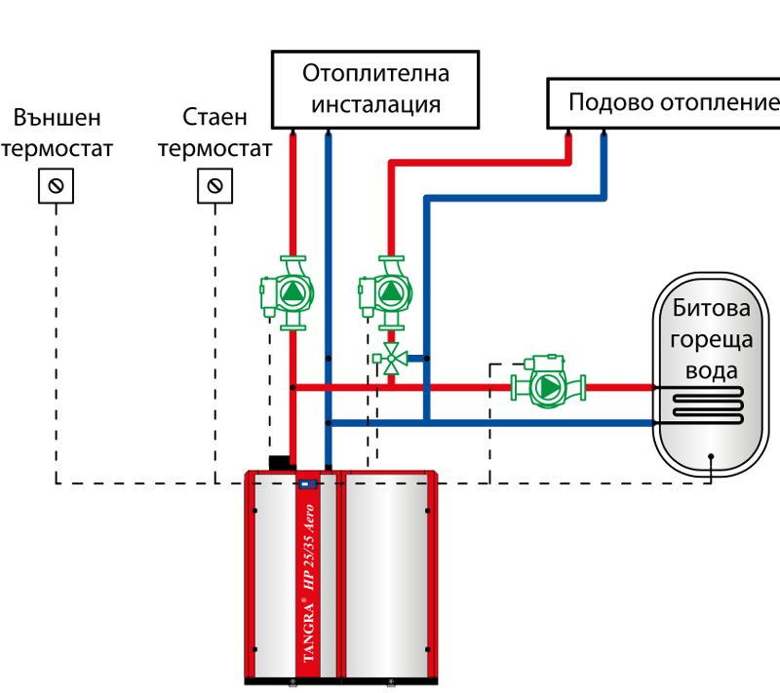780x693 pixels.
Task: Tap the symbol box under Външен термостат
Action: pyautogui.click(x=57, y=186)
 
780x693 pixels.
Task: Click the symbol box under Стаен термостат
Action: pyautogui.click(x=214, y=186)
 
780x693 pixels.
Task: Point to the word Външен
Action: pyautogui.click(x=58, y=118)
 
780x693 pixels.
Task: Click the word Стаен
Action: pyautogui.click(x=214, y=117)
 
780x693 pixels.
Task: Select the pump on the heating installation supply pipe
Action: pyautogui.click(x=287, y=292)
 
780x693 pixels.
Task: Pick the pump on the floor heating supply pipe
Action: pyautogui.click(x=385, y=292)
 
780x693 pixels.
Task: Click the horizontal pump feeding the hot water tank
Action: pyautogui.click(x=548, y=382)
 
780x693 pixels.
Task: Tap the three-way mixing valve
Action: pyautogui.click(x=391, y=359)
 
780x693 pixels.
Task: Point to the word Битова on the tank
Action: pyautogui.click(x=712, y=308)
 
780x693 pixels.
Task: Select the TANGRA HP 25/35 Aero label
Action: pyautogui.click(x=309, y=583)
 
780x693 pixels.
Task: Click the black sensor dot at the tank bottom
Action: pyautogui.click(x=711, y=456)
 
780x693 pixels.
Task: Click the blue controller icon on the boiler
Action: pyautogui.click(x=308, y=483)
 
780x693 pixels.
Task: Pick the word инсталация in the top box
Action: pyautogui.click(x=376, y=105)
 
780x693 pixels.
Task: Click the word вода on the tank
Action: pyautogui.click(x=712, y=371)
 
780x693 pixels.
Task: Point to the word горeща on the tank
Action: pyautogui.click(x=712, y=340)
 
